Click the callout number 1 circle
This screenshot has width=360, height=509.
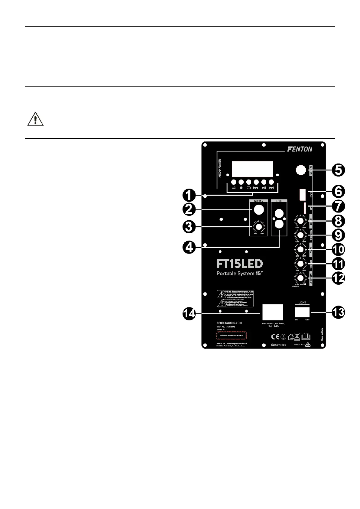point(188,195)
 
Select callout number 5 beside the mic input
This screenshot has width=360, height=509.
point(338,170)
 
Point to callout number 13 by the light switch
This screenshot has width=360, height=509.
point(338,312)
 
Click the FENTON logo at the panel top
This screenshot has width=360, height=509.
point(300,149)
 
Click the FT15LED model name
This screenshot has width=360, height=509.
point(240,264)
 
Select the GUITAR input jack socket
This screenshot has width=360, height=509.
point(258,209)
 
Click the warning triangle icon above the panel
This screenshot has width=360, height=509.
point(35,120)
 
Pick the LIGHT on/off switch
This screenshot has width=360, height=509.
point(302,312)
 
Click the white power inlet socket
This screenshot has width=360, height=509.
point(273,312)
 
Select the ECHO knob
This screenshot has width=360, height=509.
point(300,221)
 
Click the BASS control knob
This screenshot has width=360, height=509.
point(300,249)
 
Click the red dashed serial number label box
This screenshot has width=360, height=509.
point(231,336)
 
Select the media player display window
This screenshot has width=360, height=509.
point(252,169)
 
